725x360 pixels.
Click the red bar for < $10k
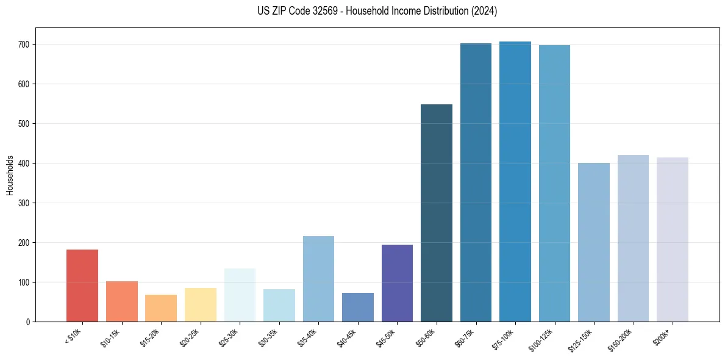tap(82, 286)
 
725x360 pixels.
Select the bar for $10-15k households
tap(121, 301)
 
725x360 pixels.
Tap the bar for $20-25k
tap(200, 304)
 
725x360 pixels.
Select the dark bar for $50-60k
tap(437, 213)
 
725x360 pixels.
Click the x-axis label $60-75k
tap(463, 337)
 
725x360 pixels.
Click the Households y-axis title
tap(10, 175)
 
